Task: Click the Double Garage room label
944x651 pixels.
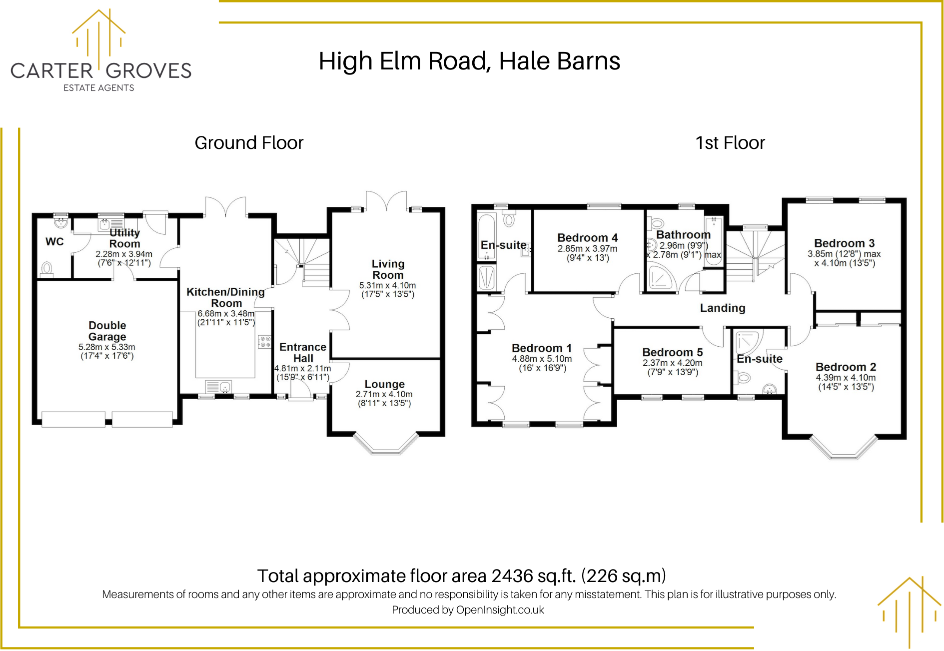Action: pos(107,331)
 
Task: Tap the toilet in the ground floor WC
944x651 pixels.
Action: pos(47,269)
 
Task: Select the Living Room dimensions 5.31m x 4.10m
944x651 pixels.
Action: pos(387,285)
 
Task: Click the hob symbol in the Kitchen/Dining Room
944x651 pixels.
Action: pos(264,342)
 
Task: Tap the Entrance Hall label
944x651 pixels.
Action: pos(303,352)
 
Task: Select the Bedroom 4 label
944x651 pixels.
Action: pos(587,238)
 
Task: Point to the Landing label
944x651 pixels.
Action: pos(722,308)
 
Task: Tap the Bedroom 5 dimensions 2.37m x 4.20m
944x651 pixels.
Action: pos(672,363)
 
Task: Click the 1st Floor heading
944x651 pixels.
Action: pos(730,143)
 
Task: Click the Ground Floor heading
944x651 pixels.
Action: pos(249,143)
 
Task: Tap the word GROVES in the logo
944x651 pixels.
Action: pos(148,71)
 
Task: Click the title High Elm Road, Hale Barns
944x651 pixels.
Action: pos(469,61)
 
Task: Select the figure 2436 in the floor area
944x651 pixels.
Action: pos(512,576)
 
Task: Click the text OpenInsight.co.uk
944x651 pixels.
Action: pos(500,610)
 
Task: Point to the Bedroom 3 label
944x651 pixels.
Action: pos(844,243)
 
